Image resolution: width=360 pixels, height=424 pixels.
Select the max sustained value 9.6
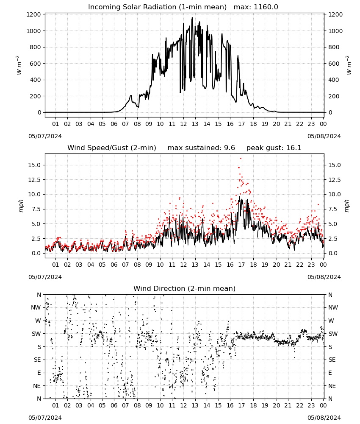pyautogui.click(x=229, y=148)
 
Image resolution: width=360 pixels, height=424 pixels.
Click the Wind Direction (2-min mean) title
pyautogui.click(x=185, y=288)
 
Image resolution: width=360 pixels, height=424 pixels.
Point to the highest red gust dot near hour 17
pyautogui.click(x=241, y=159)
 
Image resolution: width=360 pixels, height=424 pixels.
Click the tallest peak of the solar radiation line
pyautogui.click(x=192, y=17)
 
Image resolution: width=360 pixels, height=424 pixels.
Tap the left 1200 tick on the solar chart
pyautogui.click(x=33, y=14)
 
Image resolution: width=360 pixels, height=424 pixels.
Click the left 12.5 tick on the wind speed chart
pyautogui.click(x=35, y=180)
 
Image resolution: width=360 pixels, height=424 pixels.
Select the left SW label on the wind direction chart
pyautogui.click(x=36, y=334)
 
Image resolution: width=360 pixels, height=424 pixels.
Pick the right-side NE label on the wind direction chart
pyautogui.click(x=332, y=386)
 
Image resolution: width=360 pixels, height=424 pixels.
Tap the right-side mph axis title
pyautogui.click(x=347, y=206)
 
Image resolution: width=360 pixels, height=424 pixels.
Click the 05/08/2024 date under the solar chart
pyautogui.click(x=324, y=136)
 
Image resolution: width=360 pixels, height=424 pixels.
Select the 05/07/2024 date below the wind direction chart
pyautogui.click(x=45, y=418)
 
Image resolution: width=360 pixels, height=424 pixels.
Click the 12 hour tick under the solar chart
pyautogui.click(x=183, y=124)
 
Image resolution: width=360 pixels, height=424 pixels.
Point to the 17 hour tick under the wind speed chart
pyautogui.click(x=241, y=265)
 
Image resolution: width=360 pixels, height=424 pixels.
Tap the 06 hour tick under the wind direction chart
pyautogui.click(x=114, y=405)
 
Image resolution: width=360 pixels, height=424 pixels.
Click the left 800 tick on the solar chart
pyautogui.click(x=35, y=47)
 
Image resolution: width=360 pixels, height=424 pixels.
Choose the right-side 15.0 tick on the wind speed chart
pyautogui.click(x=335, y=165)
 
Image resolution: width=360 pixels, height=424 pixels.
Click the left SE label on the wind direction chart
pyautogui.click(x=38, y=360)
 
